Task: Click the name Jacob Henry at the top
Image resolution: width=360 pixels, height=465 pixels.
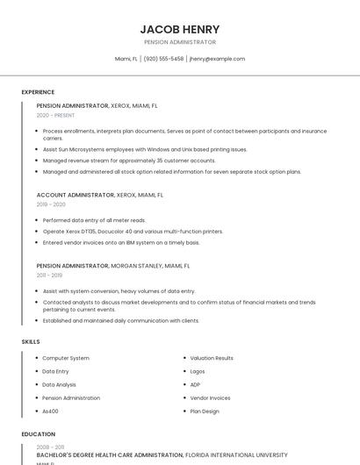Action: [180, 29]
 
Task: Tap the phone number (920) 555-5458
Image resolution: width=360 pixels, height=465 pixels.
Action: [164, 59]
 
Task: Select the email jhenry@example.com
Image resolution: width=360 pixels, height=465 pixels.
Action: [217, 59]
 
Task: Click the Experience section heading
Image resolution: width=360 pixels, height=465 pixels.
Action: [38, 92]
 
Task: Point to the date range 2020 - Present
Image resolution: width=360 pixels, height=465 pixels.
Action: [55, 115]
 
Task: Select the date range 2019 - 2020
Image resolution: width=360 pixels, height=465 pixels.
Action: [51, 204]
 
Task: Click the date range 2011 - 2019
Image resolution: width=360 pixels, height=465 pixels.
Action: [51, 275]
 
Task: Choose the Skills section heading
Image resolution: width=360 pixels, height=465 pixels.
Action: [31, 341]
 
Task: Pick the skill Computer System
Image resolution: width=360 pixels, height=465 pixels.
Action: [66, 358]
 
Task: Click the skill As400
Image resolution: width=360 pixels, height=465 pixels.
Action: [50, 411]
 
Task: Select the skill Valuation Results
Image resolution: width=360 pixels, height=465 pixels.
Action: [212, 358]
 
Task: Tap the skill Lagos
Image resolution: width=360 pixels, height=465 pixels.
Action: [198, 371]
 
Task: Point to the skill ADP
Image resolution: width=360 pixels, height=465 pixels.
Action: [195, 384]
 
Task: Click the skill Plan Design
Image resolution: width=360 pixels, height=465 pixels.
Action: [205, 411]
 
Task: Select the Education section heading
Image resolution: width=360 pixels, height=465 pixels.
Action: [38, 434]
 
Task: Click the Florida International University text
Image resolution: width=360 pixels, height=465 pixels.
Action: [236, 455]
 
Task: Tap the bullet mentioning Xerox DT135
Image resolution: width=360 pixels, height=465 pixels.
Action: [133, 232]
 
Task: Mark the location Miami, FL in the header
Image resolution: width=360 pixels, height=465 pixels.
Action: [126, 59]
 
